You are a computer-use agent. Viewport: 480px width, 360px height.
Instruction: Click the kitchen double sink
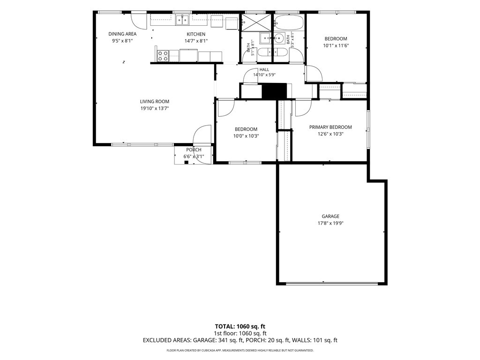point(182,20)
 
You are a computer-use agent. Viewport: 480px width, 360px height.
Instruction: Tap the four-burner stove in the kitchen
point(163,56)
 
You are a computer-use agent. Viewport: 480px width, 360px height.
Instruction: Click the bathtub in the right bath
point(289,22)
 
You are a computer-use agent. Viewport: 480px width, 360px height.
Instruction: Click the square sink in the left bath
point(265,38)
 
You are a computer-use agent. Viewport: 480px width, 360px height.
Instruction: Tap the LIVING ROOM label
point(155,102)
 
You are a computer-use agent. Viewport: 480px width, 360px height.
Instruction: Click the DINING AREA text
point(122,34)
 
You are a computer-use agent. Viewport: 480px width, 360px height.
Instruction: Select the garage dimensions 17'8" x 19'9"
point(330,223)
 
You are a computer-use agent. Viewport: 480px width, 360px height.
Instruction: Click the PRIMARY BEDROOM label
point(330,127)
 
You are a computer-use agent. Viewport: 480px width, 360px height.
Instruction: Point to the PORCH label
point(194,150)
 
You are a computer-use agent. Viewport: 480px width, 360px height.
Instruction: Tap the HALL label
point(264,69)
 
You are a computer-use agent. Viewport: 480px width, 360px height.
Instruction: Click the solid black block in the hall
point(274,91)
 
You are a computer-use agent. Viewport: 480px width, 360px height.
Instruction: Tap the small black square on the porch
point(186,162)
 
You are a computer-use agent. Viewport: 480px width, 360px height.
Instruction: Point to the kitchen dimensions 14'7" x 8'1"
point(196,41)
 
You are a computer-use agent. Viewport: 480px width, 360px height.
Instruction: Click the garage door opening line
point(332,284)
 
